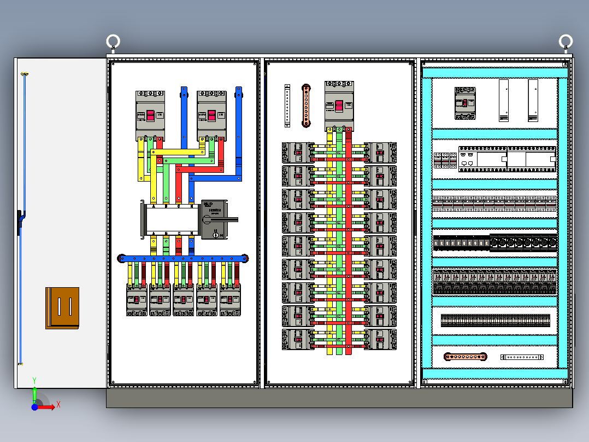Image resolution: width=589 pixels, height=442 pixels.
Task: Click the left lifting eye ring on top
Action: (113, 42)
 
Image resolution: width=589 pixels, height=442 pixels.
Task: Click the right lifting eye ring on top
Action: (566, 42)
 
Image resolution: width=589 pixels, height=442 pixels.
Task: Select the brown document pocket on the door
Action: (62, 308)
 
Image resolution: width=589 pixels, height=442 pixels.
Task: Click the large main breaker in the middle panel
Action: (339, 104)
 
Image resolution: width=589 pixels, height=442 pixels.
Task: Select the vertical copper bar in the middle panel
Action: (307, 106)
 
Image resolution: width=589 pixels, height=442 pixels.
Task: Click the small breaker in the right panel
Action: (465, 103)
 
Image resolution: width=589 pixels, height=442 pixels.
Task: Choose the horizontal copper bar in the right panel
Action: (465, 357)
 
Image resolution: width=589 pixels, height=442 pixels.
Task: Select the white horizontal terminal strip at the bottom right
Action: (522, 357)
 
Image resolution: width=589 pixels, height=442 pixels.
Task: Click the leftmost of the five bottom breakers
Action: (137, 300)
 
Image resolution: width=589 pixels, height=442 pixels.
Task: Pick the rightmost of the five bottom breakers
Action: (231, 300)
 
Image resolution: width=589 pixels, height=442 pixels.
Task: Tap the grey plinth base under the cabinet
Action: (339, 398)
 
